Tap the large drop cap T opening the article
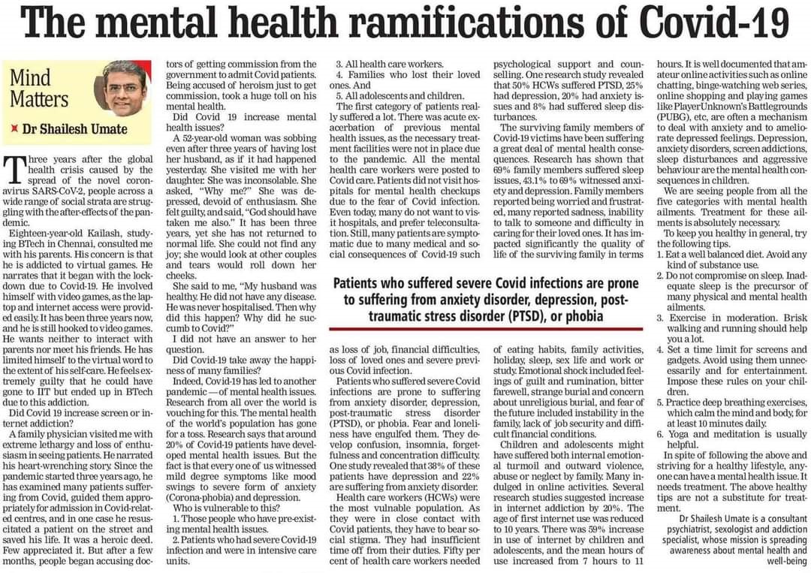tap(14, 169)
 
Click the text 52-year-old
tap(213, 137)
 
